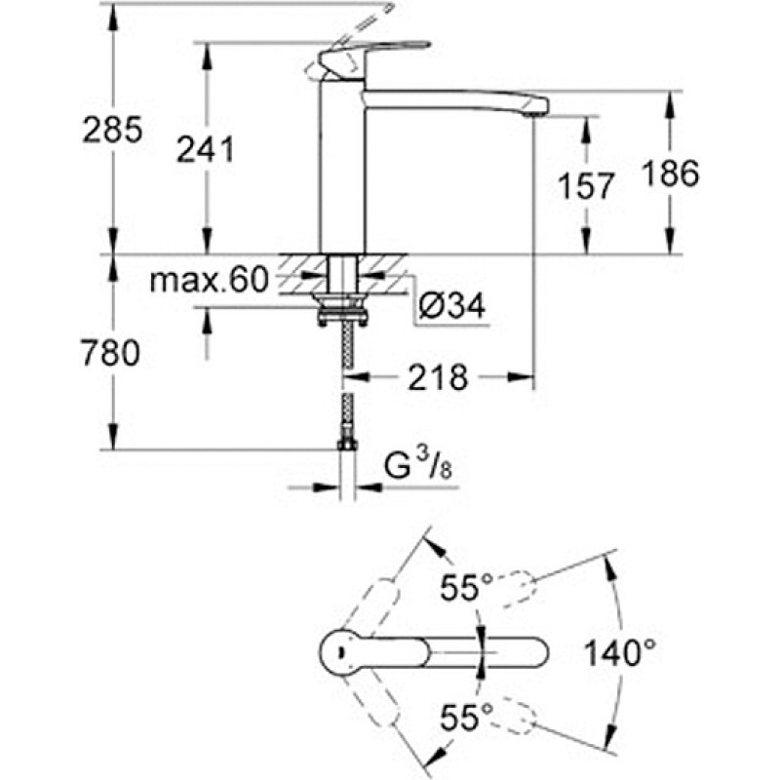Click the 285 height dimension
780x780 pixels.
112,130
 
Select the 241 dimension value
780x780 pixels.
206,150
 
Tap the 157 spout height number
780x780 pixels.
586,186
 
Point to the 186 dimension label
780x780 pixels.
670,174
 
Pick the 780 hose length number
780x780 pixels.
111,353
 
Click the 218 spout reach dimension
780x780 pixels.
438,377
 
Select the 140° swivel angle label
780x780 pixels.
620,652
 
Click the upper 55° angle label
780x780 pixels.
466,587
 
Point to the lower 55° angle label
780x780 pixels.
466,717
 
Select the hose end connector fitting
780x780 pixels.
347,444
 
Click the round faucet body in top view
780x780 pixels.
341,651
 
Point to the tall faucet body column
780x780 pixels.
342,167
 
